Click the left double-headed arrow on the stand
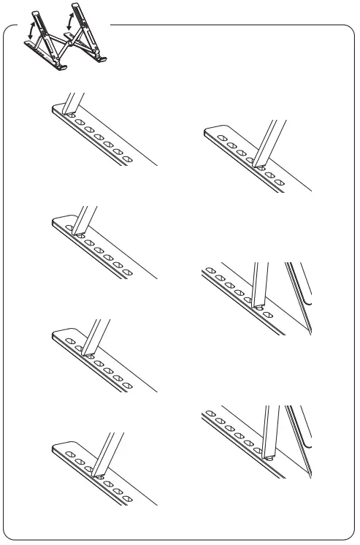point(31,31)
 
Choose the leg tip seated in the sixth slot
point(258,307)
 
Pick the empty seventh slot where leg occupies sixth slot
point(269,315)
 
